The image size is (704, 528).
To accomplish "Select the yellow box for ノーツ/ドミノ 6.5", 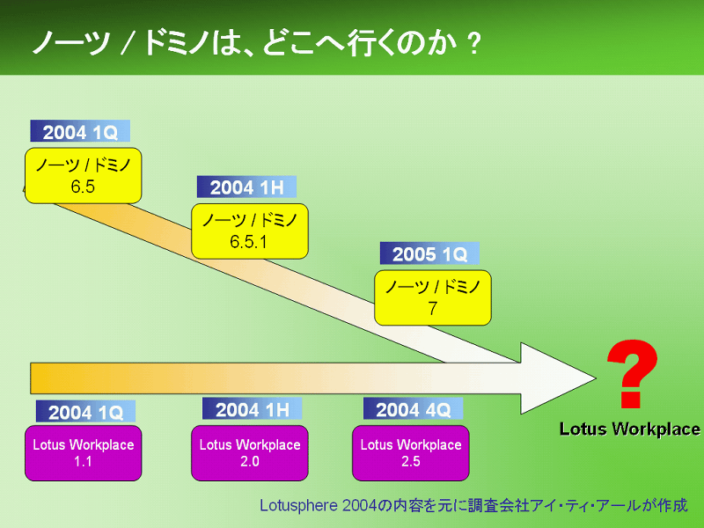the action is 83,175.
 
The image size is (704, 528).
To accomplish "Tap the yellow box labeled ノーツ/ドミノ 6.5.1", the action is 250,231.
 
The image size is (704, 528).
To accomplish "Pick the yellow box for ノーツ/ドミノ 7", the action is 433,297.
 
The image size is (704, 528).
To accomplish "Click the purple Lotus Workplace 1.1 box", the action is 83,453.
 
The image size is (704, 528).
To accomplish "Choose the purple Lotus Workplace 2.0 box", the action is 250,453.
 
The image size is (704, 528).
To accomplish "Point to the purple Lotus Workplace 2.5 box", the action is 411,453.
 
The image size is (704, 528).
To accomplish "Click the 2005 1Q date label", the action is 429,253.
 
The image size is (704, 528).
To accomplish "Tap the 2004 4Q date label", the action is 413,408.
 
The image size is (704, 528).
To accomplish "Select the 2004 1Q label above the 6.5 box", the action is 80,131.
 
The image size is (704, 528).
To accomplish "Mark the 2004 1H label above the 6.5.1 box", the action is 247,187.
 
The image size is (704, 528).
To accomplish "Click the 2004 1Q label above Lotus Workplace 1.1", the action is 85,411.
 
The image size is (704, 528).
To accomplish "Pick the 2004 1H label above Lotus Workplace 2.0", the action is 253,408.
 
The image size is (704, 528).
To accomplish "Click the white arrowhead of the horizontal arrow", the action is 558,378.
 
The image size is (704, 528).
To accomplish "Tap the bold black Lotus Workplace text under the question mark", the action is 630,429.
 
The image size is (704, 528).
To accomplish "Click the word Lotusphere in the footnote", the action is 299,505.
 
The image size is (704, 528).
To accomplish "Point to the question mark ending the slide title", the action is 473,43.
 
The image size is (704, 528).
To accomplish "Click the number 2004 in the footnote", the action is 359,505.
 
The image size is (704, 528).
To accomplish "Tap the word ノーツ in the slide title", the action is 72,43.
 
